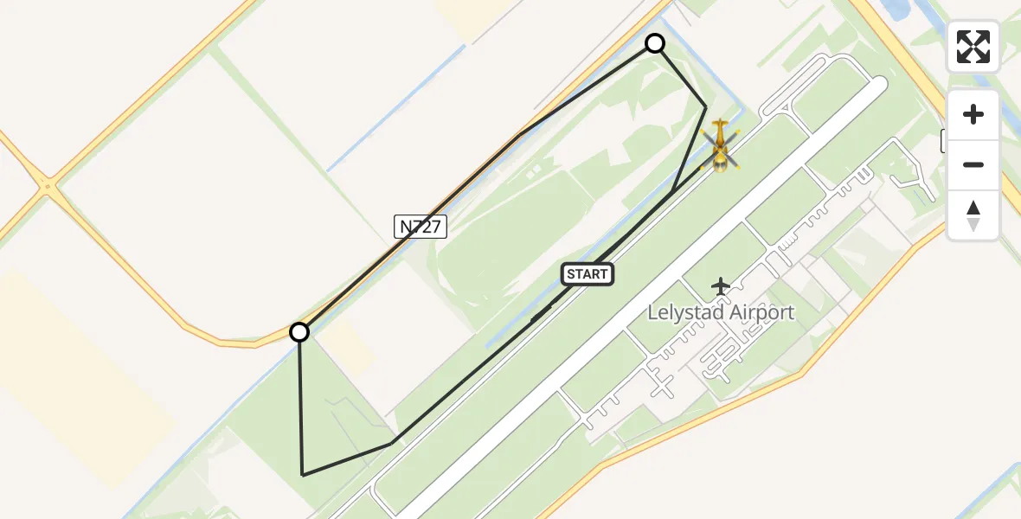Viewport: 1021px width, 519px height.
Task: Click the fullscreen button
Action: pos(973,47)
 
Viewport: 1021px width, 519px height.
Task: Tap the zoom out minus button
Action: pos(973,164)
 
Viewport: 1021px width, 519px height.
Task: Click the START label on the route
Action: pos(588,274)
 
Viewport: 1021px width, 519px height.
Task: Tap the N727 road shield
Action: pos(421,227)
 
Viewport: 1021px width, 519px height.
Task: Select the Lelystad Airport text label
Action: pos(721,312)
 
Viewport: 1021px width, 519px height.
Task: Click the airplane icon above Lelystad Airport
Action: pos(720,285)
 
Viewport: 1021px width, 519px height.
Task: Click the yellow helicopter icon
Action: pos(720,145)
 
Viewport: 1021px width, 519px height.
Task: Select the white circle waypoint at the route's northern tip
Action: pos(655,43)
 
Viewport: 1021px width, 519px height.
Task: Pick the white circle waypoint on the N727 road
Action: pos(299,332)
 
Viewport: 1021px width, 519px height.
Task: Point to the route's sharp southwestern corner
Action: pos(303,475)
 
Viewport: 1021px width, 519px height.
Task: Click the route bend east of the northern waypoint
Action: pos(705,107)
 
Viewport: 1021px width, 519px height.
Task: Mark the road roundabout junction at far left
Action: pos(47,184)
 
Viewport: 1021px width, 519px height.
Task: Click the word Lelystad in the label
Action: pos(684,312)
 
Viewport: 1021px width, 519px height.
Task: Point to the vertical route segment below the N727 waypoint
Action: pos(301,402)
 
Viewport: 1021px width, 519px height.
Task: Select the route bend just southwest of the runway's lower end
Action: pos(392,444)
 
